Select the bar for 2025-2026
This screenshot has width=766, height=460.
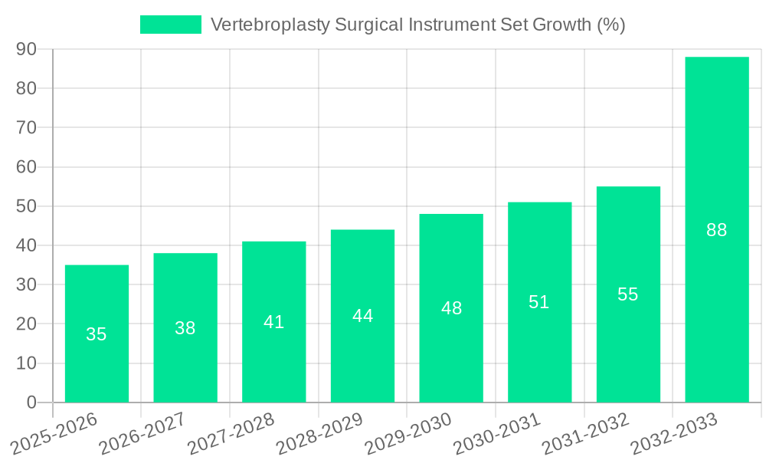click(x=97, y=333)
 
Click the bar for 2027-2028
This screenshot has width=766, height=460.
click(x=273, y=322)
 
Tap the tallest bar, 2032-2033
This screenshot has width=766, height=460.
click(x=717, y=229)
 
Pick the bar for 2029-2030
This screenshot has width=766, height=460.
click(x=451, y=308)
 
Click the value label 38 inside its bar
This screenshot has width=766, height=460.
click(x=185, y=328)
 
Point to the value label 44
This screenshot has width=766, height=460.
click(x=362, y=316)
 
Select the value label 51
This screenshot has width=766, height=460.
click(x=539, y=302)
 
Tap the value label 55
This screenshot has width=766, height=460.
click(x=628, y=294)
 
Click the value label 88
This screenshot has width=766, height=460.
click(x=717, y=230)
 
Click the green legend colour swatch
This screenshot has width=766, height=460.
click(x=170, y=25)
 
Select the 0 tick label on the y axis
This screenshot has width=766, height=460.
click(x=31, y=402)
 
